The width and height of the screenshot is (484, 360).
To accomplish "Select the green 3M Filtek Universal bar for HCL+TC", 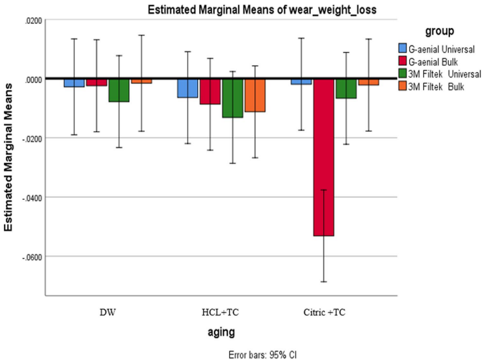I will point(233,98).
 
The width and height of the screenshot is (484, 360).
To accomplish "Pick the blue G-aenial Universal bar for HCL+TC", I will point(188,88).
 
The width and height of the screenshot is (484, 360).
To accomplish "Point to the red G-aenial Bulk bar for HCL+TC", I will point(210,92).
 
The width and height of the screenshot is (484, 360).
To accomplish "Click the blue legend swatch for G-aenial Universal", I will point(402,48).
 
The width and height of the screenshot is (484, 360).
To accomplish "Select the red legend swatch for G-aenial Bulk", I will point(402,59).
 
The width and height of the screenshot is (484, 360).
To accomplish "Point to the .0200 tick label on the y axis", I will point(31,20).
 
